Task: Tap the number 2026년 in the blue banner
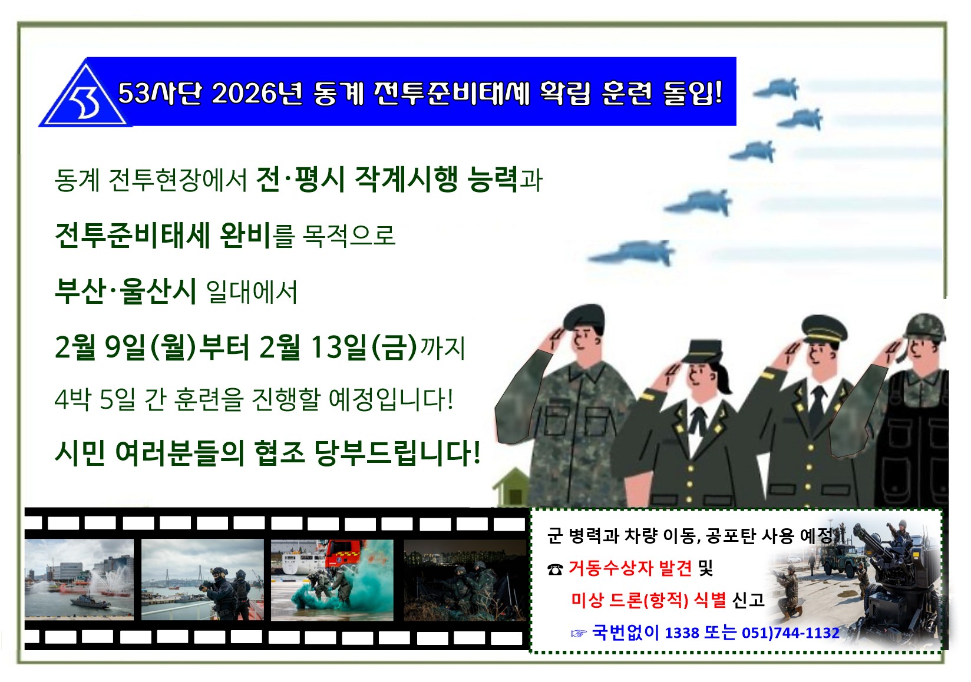coord(257,93)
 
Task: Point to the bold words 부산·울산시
coord(125,291)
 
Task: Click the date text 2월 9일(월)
coord(125,347)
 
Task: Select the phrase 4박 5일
coord(95,399)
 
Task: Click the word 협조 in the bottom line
coord(280,453)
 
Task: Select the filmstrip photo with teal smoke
coord(332,580)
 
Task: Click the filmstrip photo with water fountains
coord(79,580)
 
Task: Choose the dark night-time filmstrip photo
coord(464,580)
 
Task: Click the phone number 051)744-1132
coord(791,633)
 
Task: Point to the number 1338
coord(682,633)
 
